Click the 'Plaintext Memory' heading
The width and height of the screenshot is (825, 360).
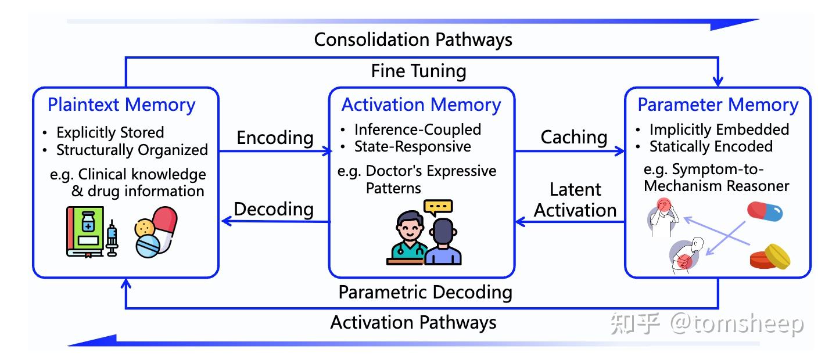point(121,105)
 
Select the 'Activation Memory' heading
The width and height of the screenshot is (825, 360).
point(421,105)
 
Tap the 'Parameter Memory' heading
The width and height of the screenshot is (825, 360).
point(718,105)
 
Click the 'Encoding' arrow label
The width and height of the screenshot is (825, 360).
point(275,138)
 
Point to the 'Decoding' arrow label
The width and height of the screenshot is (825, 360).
point(274,210)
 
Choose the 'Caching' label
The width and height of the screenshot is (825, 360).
point(574,138)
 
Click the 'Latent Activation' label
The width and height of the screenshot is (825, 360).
point(575,200)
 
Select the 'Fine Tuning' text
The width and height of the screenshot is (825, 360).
point(418,71)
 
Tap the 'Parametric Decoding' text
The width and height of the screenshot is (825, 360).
point(425,293)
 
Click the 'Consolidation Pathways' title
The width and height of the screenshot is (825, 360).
point(413,39)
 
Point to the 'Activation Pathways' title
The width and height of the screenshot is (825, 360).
point(413,323)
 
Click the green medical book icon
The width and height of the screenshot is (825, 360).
point(85,232)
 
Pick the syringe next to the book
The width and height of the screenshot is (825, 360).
point(112,238)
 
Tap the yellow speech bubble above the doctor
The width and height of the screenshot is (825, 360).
point(438,208)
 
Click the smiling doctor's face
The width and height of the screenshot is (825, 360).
point(410,227)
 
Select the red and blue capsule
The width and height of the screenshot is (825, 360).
point(765,212)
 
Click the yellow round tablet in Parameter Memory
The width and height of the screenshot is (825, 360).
point(777,257)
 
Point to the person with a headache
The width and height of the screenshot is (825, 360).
point(663,218)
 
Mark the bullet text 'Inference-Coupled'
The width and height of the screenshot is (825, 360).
point(417,129)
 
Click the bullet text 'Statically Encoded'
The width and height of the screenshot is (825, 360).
point(711,146)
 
